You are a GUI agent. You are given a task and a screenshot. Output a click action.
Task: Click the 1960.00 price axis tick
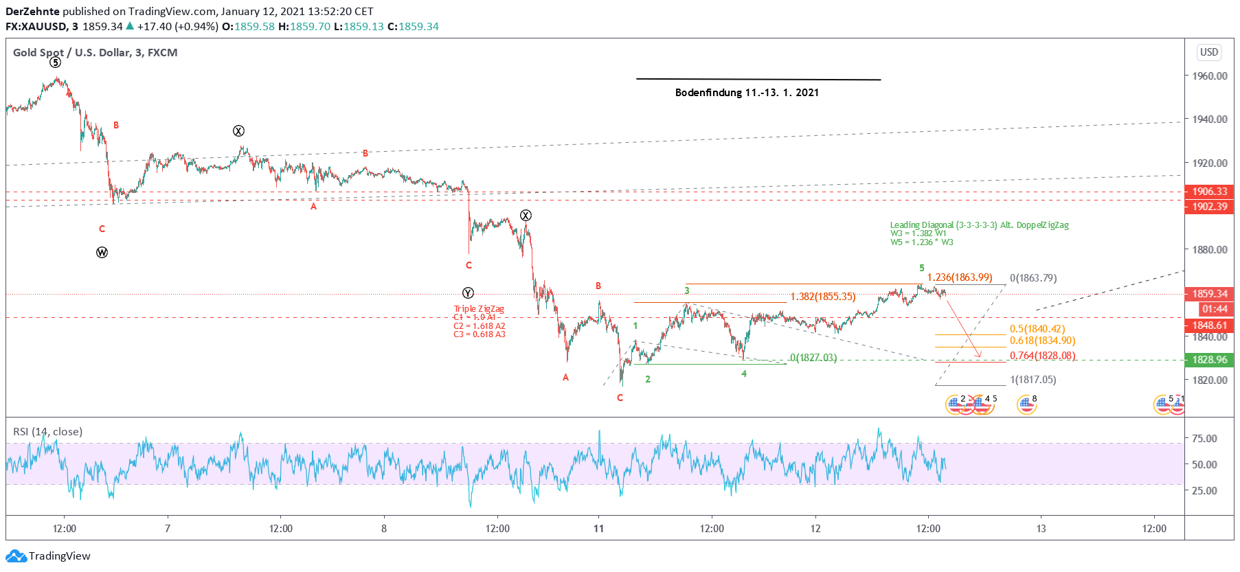1209,76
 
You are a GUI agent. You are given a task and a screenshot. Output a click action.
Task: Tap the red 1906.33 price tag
1209,192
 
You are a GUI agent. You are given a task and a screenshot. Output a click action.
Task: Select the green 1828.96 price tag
1209,360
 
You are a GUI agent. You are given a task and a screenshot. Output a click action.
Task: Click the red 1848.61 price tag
1209,325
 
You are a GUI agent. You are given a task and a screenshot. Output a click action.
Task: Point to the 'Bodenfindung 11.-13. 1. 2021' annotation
747,93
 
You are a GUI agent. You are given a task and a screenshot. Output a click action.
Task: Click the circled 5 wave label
56,62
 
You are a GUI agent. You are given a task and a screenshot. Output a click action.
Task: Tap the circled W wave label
102,253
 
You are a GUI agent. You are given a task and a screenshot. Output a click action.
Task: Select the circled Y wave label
468,293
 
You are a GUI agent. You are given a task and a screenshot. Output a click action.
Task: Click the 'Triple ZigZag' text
479,309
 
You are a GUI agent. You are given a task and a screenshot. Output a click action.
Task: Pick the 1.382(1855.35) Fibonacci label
823,297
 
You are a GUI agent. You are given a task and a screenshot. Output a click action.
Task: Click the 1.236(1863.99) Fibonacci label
960,277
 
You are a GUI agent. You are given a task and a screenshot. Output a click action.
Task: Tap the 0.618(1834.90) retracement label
1042,341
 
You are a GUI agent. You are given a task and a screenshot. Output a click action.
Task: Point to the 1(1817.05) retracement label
1033,380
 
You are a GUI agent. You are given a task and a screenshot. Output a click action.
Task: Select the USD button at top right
1208,52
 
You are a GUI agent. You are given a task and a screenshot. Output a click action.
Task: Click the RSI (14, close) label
47,432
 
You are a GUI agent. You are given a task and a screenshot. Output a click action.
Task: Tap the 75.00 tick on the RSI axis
1204,439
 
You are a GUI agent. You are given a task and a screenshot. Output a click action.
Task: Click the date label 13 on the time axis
1041,529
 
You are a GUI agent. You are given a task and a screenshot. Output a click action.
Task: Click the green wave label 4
744,374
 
